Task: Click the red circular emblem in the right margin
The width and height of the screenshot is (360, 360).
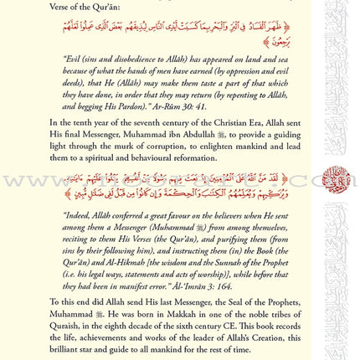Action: (334, 178)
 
